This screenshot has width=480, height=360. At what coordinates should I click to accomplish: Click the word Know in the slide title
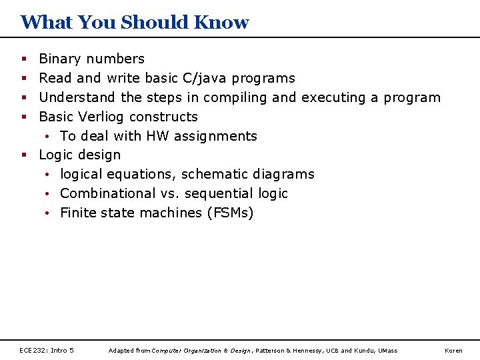[221, 22]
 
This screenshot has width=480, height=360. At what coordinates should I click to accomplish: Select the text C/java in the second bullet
[205, 79]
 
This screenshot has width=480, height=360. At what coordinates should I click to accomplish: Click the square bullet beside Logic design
[24, 155]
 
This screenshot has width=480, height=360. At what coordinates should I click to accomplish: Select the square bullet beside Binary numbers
[24, 59]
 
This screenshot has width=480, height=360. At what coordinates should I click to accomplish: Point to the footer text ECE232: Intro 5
[47, 350]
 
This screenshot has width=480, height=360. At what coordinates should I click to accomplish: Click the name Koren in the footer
[453, 351]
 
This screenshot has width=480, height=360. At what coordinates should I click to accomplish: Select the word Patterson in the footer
[271, 351]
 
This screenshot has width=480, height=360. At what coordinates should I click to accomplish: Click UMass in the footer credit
[387, 351]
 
